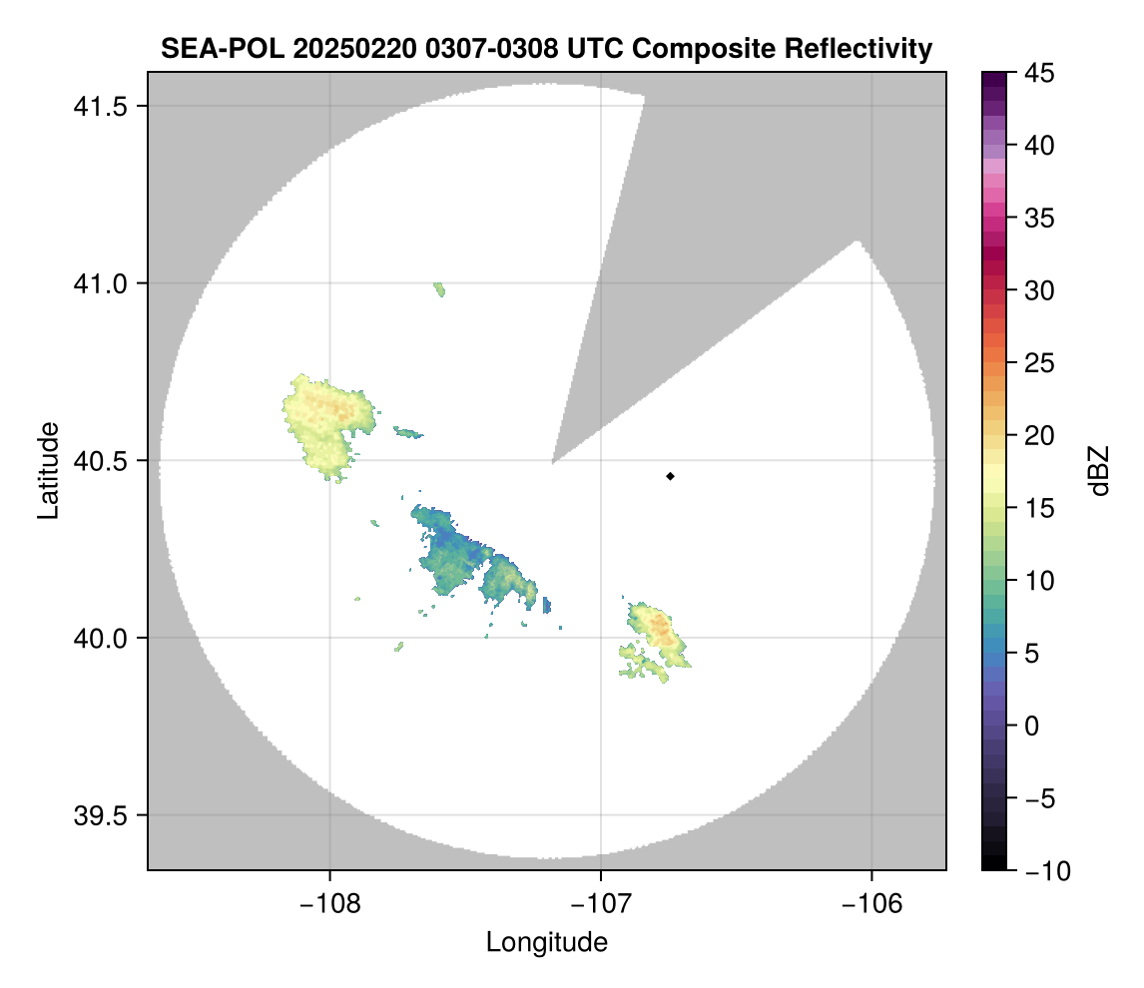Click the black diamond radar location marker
click(x=670, y=476)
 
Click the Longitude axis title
click(x=546, y=941)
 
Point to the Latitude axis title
click(x=48, y=470)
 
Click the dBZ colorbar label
click(x=1099, y=470)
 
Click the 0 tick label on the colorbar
click(x=1030, y=726)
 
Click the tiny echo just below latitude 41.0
click(x=439, y=289)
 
